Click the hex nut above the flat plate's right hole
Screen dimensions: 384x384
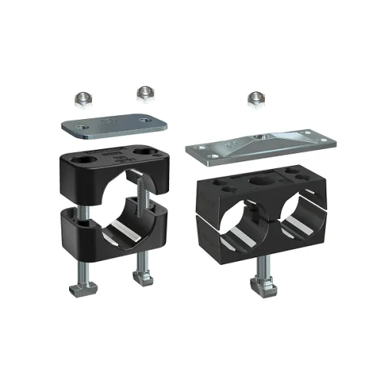pos(144,92)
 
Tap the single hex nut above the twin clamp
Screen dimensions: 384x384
pos(255,98)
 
